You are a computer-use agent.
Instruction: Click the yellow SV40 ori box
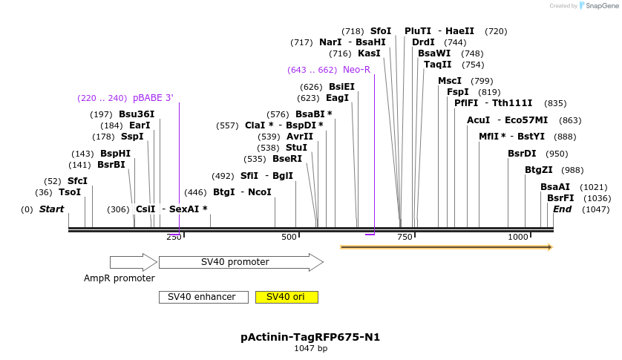287,297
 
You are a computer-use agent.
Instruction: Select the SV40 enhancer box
202,297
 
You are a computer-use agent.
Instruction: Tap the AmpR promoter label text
120,278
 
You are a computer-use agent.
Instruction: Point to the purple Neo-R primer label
356,70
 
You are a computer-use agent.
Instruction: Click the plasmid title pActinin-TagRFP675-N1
310,337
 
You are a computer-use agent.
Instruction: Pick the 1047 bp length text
310,348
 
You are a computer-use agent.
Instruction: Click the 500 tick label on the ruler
289,237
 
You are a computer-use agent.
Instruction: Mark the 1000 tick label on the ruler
518,237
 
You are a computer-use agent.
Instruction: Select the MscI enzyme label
450,81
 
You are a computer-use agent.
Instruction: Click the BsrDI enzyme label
522,154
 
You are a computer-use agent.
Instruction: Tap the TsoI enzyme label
70,192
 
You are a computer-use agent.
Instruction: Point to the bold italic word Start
51,209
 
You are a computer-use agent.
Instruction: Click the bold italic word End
563,209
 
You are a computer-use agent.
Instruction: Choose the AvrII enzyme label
300,137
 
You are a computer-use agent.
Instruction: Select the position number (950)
557,154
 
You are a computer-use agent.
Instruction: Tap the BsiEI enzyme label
342,87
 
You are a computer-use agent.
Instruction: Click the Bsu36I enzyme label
137,114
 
